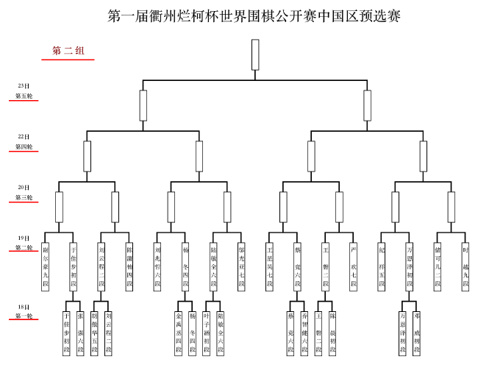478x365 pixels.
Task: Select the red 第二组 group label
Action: point(68,51)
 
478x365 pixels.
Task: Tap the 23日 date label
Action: point(24,87)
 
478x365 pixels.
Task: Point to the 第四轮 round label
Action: point(24,147)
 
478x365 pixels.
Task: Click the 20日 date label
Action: point(24,188)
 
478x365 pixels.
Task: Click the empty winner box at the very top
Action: point(255,54)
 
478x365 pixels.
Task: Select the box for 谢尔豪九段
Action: point(46,266)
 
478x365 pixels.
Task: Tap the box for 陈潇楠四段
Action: point(129,266)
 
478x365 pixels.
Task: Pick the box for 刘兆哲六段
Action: point(157,266)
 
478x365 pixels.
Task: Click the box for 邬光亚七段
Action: point(241,266)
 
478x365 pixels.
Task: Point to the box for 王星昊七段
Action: point(270,266)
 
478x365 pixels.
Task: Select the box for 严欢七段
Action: point(354,266)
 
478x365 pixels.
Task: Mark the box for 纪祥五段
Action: point(382,266)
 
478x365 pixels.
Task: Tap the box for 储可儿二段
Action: point(438,266)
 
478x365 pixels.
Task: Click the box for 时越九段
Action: point(465,266)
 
